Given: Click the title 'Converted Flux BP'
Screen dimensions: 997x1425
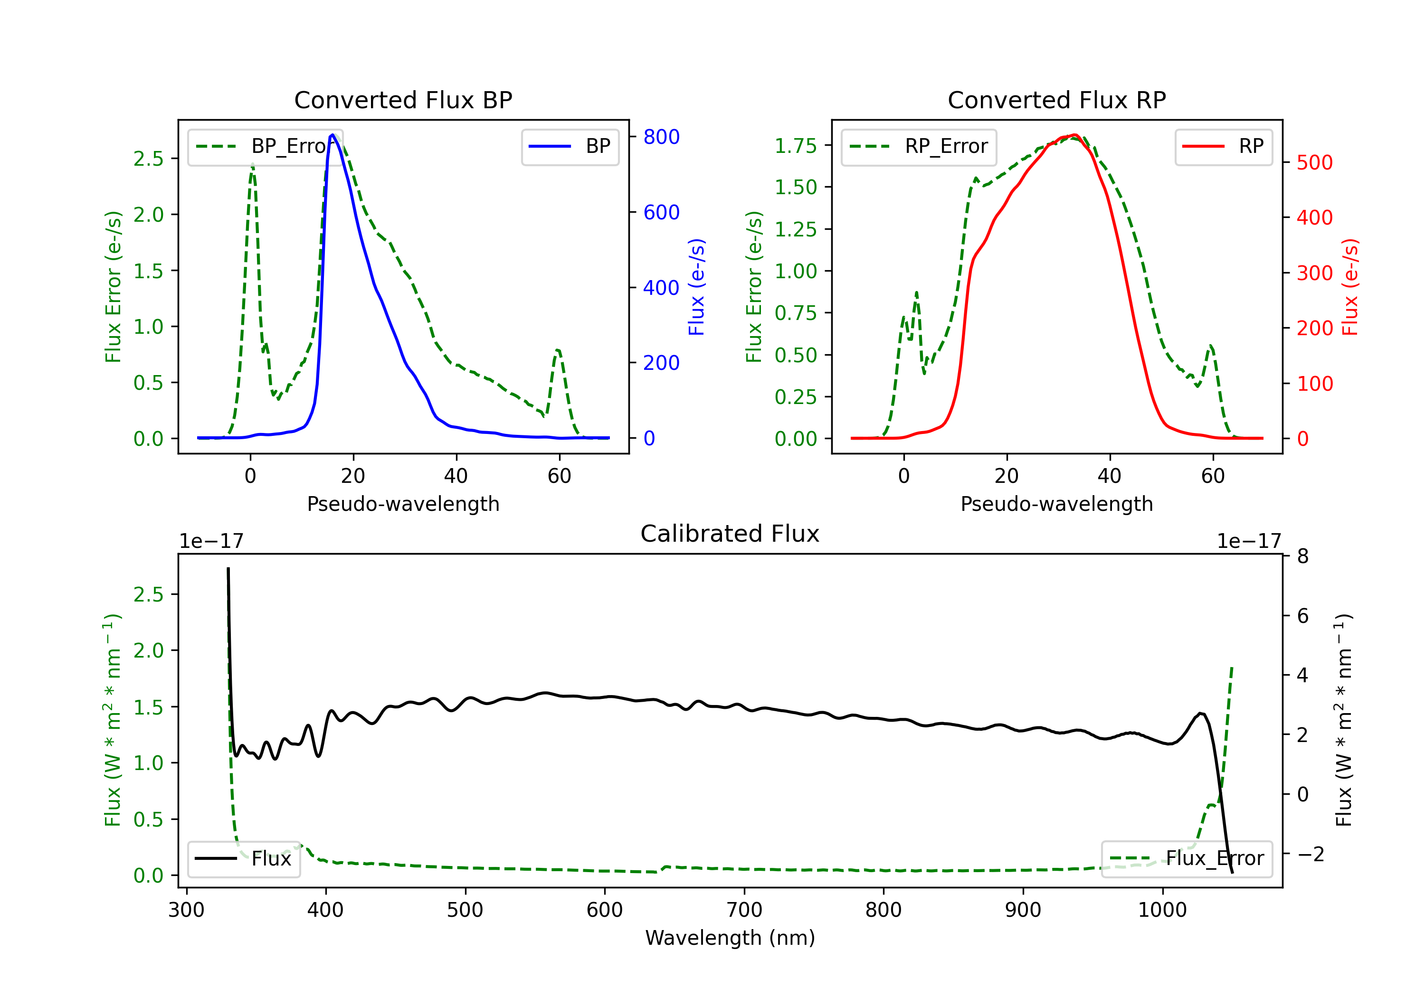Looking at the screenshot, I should [x=403, y=100].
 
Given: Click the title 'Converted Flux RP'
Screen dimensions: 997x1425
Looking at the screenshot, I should [x=1056, y=100].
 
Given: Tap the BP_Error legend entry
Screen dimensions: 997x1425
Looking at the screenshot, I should [x=266, y=146].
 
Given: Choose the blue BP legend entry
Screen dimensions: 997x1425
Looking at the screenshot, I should [x=570, y=146].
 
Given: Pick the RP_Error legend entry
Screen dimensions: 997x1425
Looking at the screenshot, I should [x=919, y=146].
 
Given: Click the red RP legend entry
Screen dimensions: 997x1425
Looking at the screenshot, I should [x=1223, y=146].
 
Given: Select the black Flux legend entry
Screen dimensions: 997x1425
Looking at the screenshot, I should [x=243, y=859].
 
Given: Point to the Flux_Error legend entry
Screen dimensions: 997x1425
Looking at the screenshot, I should [x=1186, y=859].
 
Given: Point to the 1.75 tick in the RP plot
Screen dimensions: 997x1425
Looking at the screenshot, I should [x=795, y=146].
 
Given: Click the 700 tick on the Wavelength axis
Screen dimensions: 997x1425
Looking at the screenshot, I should [x=744, y=910].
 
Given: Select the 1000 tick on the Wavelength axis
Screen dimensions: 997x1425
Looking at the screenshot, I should [x=1162, y=910].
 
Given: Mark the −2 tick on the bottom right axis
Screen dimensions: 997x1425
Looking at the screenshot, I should [x=1310, y=854].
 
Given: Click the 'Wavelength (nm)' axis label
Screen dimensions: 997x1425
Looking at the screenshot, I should [x=730, y=938].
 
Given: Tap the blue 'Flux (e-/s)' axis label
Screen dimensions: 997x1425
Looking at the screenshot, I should [x=696, y=287].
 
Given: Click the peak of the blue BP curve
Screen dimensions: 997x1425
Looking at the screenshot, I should [x=332, y=135].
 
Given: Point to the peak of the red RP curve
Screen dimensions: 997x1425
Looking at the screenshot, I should [x=1075, y=135].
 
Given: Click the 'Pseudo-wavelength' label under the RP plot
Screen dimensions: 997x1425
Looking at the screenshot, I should [x=1056, y=504].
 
